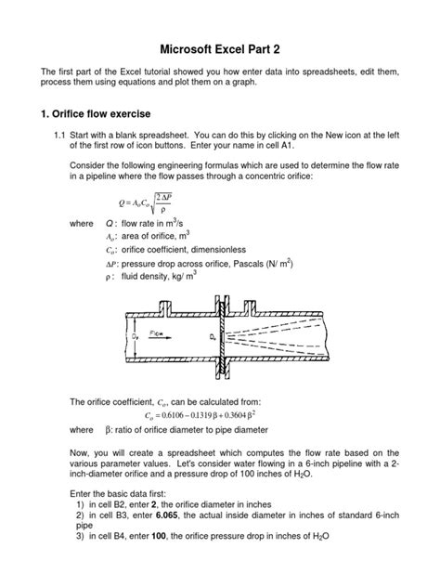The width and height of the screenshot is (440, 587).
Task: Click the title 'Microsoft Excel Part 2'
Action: click(x=220, y=47)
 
